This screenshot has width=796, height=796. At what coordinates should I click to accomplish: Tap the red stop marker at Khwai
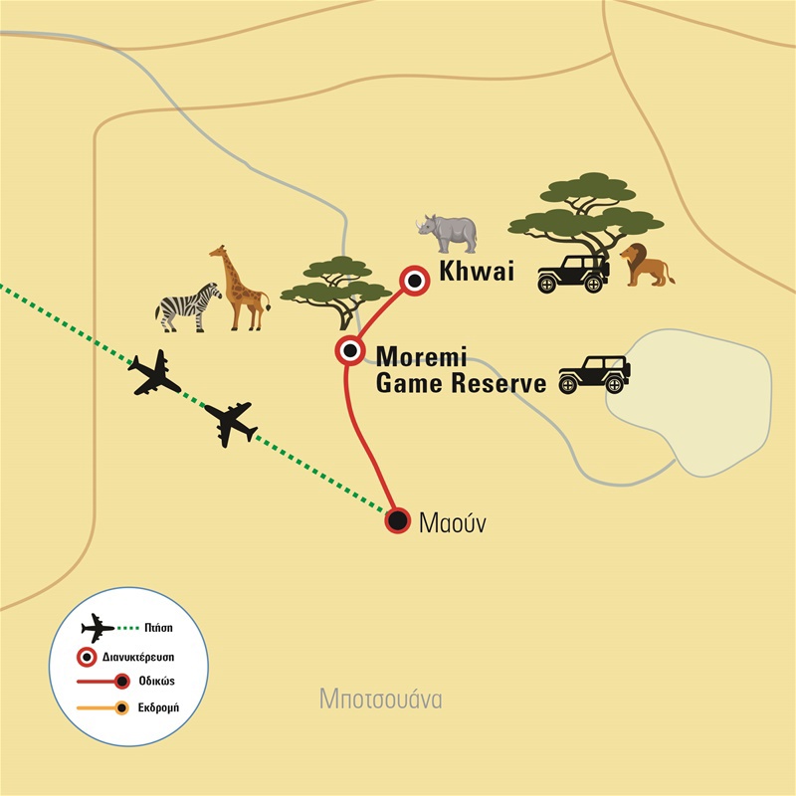click(413, 283)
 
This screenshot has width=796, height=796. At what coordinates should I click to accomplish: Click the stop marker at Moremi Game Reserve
click(349, 351)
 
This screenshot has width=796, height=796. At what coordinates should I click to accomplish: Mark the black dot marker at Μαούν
click(398, 519)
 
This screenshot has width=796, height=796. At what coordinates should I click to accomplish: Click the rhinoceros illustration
click(447, 233)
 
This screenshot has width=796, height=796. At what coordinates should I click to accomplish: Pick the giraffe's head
click(218, 254)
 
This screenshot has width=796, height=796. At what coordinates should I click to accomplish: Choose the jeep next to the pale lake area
click(594, 373)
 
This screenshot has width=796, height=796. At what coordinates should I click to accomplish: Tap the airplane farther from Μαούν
click(154, 373)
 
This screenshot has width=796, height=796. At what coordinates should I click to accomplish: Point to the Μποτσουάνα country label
click(381, 698)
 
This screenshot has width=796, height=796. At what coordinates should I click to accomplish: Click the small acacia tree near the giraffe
click(334, 284)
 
